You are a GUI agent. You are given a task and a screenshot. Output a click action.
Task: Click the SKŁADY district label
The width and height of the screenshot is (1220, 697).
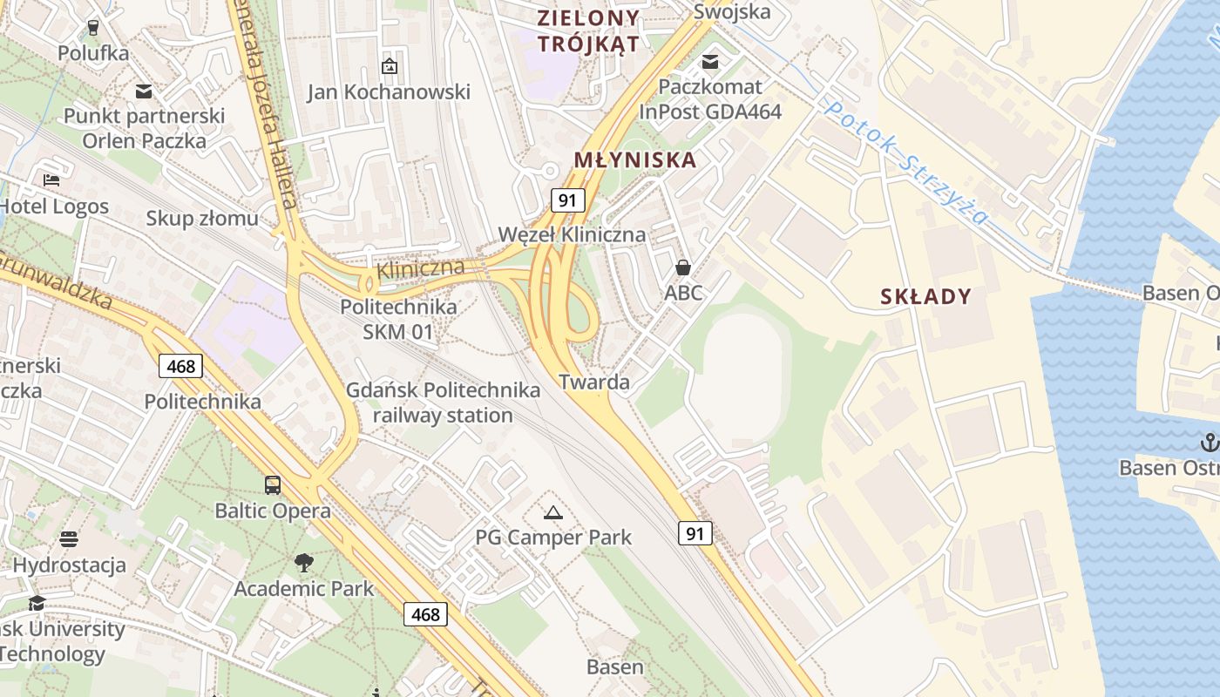(x=925, y=297)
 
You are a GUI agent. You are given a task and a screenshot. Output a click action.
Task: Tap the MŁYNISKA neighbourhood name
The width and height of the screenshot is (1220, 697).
(x=635, y=160)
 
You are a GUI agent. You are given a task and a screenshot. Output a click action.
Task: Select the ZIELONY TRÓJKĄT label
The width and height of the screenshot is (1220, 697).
(x=588, y=30)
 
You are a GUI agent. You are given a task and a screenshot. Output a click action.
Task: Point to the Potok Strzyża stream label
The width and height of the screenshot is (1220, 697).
(x=906, y=162)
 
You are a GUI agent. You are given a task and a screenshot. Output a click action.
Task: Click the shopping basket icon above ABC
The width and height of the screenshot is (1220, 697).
(x=683, y=267)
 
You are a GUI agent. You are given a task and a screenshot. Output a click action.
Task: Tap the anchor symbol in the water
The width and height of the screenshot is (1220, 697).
(x=1209, y=443)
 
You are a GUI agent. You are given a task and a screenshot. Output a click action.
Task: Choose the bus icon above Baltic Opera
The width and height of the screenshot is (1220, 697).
(x=273, y=485)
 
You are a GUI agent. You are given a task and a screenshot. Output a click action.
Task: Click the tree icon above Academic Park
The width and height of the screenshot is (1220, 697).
(x=303, y=563)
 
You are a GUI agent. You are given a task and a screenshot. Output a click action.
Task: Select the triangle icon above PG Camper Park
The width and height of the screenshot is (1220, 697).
(x=553, y=511)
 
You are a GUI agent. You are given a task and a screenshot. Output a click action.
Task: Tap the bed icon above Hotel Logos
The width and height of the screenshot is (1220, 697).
(x=51, y=180)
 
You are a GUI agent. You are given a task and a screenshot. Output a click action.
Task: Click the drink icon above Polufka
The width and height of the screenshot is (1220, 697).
(x=93, y=27)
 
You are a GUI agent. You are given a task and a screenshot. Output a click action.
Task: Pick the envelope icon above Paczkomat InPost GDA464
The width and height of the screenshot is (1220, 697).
(x=710, y=61)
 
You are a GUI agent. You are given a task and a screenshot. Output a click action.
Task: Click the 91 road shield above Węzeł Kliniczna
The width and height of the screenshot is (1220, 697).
(x=567, y=200)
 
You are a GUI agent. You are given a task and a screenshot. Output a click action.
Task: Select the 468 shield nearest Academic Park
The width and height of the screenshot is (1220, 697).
(x=425, y=614)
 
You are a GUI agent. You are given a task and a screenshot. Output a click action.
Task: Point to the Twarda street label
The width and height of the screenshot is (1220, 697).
(x=594, y=382)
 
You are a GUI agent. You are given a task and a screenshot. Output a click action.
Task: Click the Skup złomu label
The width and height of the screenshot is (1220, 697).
(x=202, y=218)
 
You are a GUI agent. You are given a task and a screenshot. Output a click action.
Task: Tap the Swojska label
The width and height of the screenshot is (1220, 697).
(x=732, y=11)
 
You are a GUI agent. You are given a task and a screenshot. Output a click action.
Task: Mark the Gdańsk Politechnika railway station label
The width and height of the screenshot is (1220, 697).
(x=443, y=403)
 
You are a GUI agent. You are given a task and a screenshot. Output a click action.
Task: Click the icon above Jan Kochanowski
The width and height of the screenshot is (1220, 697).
(x=389, y=65)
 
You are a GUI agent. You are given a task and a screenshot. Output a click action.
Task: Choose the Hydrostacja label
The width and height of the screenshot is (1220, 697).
(x=69, y=565)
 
